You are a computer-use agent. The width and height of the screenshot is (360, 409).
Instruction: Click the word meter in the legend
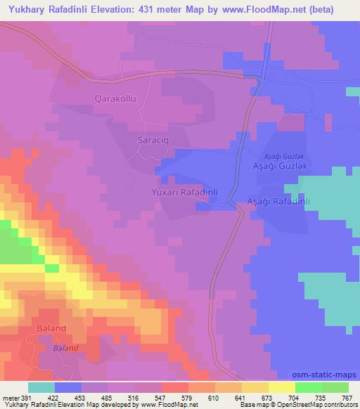(x=10, y=397)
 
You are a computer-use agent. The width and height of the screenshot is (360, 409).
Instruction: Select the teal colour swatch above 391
(x=41, y=387)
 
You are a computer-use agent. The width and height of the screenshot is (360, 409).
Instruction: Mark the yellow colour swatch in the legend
(x=281, y=387)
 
